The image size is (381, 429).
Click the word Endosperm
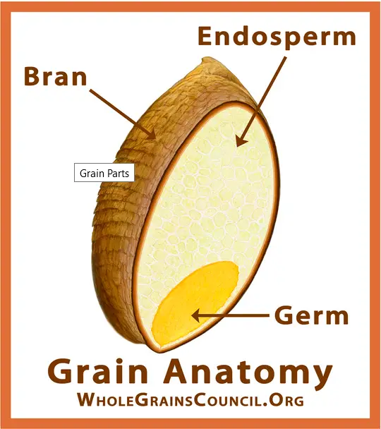(x=277, y=37)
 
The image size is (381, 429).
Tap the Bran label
(x=56, y=76)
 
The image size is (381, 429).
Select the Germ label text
(x=312, y=315)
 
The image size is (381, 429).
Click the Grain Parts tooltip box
(x=104, y=173)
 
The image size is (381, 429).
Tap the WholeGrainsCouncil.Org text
(x=190, y=400)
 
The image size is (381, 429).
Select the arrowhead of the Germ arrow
(x=197, y=315)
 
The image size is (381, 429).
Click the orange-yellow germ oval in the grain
(x=195, y=303)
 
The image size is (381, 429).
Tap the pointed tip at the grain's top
(x=204, y=59)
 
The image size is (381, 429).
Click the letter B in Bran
(x=32, y=76)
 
